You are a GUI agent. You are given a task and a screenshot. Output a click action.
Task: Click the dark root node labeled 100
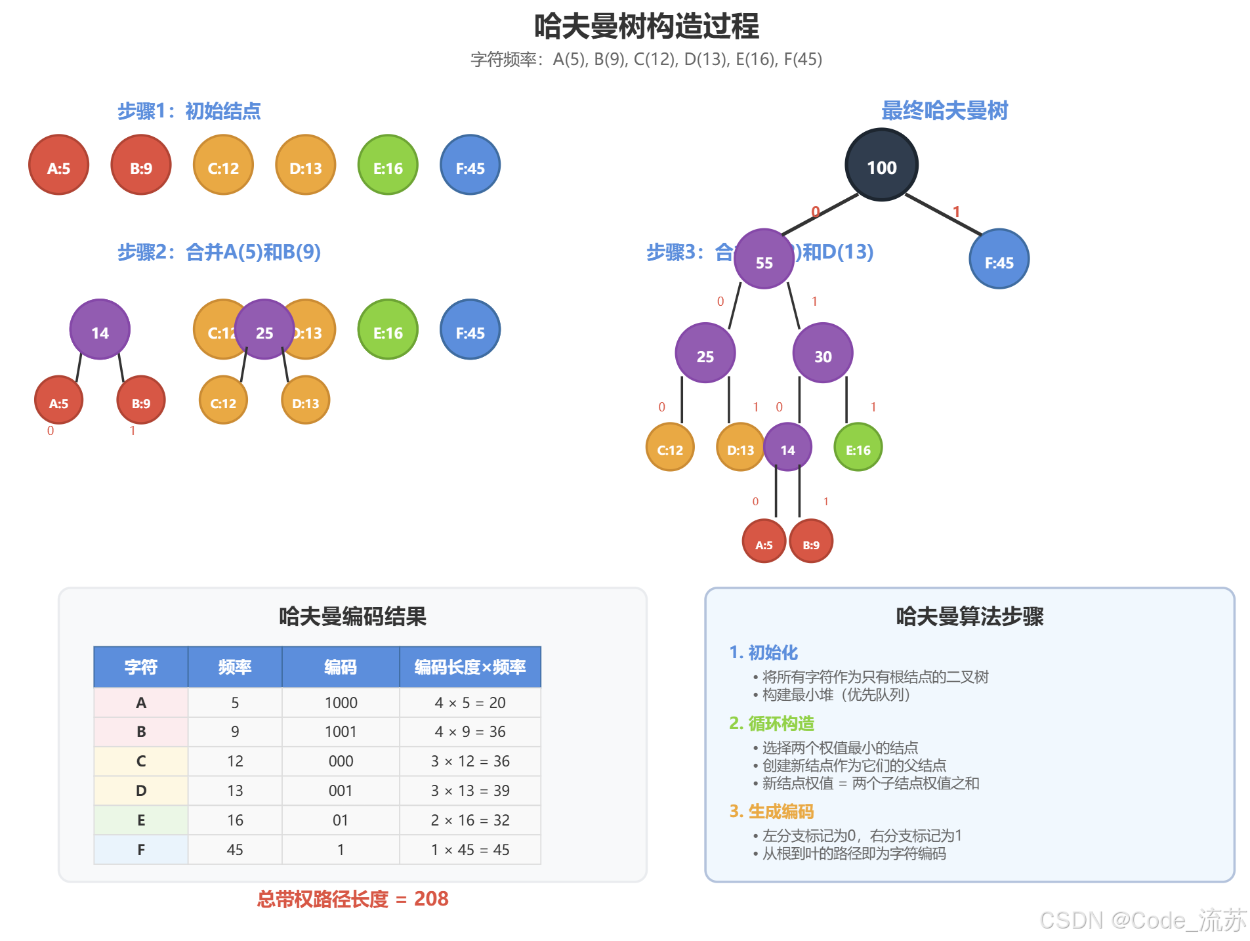pos(881,165)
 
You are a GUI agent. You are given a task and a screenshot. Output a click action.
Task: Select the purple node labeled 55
pos(764,259)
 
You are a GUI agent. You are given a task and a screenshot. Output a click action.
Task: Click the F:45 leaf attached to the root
pos(998,259)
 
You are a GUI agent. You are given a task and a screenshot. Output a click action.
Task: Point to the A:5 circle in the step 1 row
pos(58,165)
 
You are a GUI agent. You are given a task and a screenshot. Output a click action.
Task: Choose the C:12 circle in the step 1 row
pos(223,165)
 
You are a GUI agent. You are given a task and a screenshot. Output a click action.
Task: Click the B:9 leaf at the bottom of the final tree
pos(810,542)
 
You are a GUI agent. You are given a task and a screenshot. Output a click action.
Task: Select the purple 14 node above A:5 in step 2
pos(100,329)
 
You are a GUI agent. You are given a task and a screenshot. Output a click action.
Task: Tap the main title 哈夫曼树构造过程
pos(646,26)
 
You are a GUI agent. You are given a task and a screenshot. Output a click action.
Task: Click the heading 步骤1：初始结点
pos(189,111)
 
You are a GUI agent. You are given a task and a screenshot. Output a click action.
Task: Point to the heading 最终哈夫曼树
pos(944,110)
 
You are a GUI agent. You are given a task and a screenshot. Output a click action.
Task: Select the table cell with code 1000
pos(341,703)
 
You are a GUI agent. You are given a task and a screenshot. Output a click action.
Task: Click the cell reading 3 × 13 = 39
pos(470,791)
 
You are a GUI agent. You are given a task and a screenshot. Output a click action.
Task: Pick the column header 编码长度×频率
pos(470,667)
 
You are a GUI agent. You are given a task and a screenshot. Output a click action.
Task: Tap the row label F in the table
pos(141,850)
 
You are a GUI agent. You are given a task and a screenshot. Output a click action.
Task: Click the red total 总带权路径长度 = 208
pos(352,898)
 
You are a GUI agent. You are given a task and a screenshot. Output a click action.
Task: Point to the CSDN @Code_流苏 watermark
pos(1142,920)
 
